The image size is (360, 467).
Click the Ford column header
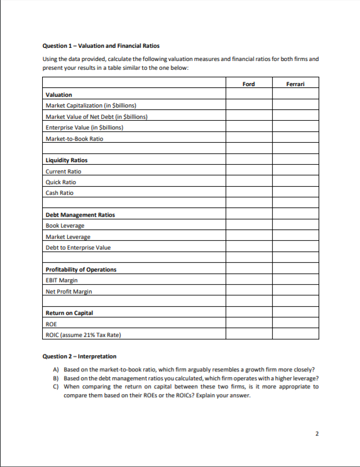(x=248, y=84)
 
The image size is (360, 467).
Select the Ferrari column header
(x=295, y=84)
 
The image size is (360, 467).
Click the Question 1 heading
(x=101, y=45)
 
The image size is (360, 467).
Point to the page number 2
(x=317, y=434)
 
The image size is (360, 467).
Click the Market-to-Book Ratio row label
(x=74, y=138)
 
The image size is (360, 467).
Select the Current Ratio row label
(x=63, y=171)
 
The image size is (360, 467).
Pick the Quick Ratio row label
(x=61, y=182)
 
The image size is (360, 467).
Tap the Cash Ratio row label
(x=60, y=193)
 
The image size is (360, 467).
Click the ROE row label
(x=52, y=324)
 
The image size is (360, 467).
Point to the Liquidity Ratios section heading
(x=67, y=160)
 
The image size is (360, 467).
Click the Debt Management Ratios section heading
(x=80, y=215)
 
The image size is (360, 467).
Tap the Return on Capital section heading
(x=71, y=313)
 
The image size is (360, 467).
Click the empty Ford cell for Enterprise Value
(x=248, y=128)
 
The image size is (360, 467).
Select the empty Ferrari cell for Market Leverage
(x=295, y=237)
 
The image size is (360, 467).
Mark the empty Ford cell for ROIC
(x=248, y=335)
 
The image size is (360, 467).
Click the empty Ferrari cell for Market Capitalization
(x=295, y=106)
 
